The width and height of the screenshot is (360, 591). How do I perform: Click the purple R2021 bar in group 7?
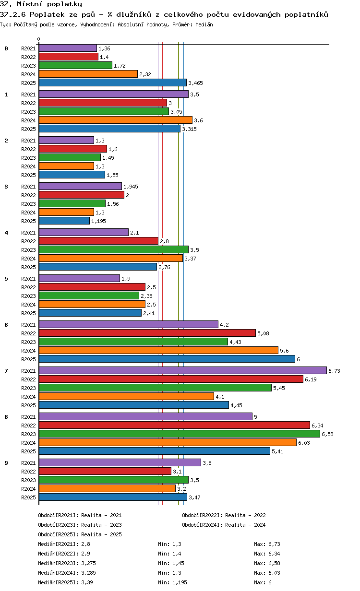(182, 370)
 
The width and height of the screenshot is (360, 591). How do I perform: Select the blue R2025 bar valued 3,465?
(112, 83)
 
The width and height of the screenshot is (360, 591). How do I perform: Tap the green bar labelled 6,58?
(179, 434)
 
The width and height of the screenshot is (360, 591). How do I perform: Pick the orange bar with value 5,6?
(158, 350)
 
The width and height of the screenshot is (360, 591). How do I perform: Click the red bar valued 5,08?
(147, 333)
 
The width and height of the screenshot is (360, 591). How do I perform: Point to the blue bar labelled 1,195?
(64, 221)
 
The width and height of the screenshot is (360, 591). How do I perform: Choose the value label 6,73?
(334, 371)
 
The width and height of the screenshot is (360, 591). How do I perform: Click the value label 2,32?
(145, 74)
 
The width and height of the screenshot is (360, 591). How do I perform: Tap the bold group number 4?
(6, 233)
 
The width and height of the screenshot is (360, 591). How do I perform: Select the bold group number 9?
(6, 463)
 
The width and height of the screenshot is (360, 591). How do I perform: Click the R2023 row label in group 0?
(28, 66)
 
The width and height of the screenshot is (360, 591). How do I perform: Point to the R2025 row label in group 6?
(28, 359)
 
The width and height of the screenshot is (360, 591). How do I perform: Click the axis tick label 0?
(39, 39)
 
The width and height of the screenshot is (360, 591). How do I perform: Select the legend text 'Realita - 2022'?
(245, 515)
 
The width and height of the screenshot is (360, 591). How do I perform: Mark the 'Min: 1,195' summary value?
(172, 582)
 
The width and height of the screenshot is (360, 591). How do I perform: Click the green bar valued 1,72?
(75, 65)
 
